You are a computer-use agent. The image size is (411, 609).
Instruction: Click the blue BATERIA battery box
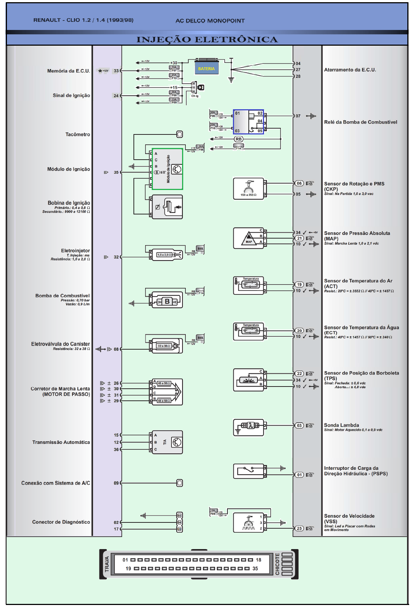click(207, 68)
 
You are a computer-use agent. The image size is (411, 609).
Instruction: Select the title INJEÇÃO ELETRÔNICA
click(207, 39)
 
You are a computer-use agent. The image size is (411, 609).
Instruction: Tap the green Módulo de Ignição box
click(167, 169)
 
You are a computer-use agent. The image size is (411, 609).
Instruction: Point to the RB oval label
click(238, 139)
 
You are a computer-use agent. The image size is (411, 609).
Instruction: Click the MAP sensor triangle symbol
click(249, 238)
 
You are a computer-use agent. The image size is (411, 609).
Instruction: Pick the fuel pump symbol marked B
click(167, 301)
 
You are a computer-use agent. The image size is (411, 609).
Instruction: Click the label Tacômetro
click(78, 134)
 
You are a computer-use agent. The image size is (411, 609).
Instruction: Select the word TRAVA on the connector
click(107, 564)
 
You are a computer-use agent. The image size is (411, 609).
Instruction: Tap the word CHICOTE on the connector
click(277, 564)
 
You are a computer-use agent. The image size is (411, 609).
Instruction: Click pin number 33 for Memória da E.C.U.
click(116, 71)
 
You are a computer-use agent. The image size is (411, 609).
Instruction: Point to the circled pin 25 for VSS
click(299, 528)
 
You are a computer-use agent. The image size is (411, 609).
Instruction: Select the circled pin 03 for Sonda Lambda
click(299, 425)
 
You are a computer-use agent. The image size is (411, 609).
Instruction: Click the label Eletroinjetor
click(75, 251)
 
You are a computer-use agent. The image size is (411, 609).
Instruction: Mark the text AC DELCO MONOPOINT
click(210, 21)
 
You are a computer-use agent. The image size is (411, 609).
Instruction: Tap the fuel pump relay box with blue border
click(248, 122)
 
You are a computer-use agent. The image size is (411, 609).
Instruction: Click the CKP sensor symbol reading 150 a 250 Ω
click(249, 189)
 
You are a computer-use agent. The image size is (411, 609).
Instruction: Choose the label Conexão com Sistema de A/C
click(56, 483)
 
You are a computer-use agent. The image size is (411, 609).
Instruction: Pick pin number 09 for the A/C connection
click(116, 483)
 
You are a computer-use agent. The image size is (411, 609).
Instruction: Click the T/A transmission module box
click(167, 442)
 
